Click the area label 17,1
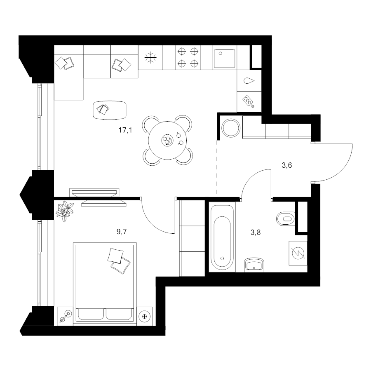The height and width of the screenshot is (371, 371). pos(125,130)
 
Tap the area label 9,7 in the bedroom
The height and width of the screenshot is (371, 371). pos(122,231)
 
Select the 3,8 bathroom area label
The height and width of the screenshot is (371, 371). pos(256,232)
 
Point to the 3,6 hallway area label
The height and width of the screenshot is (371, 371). pos(287,165)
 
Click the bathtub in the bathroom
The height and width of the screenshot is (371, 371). pos(222,237)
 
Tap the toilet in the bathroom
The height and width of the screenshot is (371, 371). pos(286,218)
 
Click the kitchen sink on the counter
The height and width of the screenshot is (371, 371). pos(225,59)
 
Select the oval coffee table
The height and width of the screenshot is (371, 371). pos(110,110)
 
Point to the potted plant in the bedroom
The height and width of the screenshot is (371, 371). pos(64,211)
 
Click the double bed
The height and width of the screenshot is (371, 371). pos(105,282)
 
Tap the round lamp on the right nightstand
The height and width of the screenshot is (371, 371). pos(145,316)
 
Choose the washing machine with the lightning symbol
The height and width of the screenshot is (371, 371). pos(298,253)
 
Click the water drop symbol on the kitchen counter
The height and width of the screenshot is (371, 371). pos(249,81)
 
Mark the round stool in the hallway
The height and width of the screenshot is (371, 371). pos(231,128)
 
